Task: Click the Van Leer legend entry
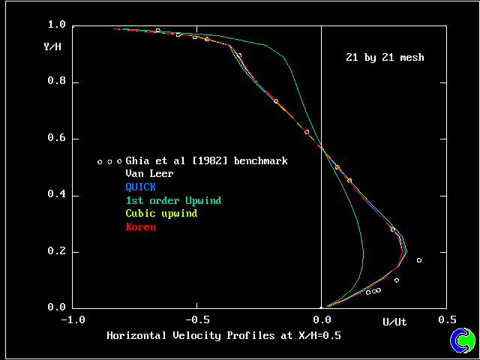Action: coord(149,174)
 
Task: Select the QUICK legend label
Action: coord(140,187)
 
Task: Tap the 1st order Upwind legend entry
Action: coord(173,201)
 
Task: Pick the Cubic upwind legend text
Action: coord(161,214)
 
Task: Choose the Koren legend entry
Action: coord(140,227)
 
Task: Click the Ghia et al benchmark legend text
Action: coord(206,160)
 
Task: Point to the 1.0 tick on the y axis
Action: coord(56,25)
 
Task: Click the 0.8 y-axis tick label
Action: coord(56,82)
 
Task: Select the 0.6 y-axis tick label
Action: coord(56,139)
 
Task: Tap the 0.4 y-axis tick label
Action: coord(56,195)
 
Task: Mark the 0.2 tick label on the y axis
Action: coord(56,251)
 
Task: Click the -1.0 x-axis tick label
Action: coord(71,319)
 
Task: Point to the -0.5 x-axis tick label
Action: coord(196,319)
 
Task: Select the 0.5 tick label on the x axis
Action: coord(448,319)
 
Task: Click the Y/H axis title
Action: coord(53,47)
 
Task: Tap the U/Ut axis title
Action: coord(394,322)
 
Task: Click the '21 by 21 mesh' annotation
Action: coord(385,58)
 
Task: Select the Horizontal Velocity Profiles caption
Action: coord(223,336)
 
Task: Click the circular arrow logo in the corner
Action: coord(463,340)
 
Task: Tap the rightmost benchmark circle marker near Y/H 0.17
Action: coord(419,260)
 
